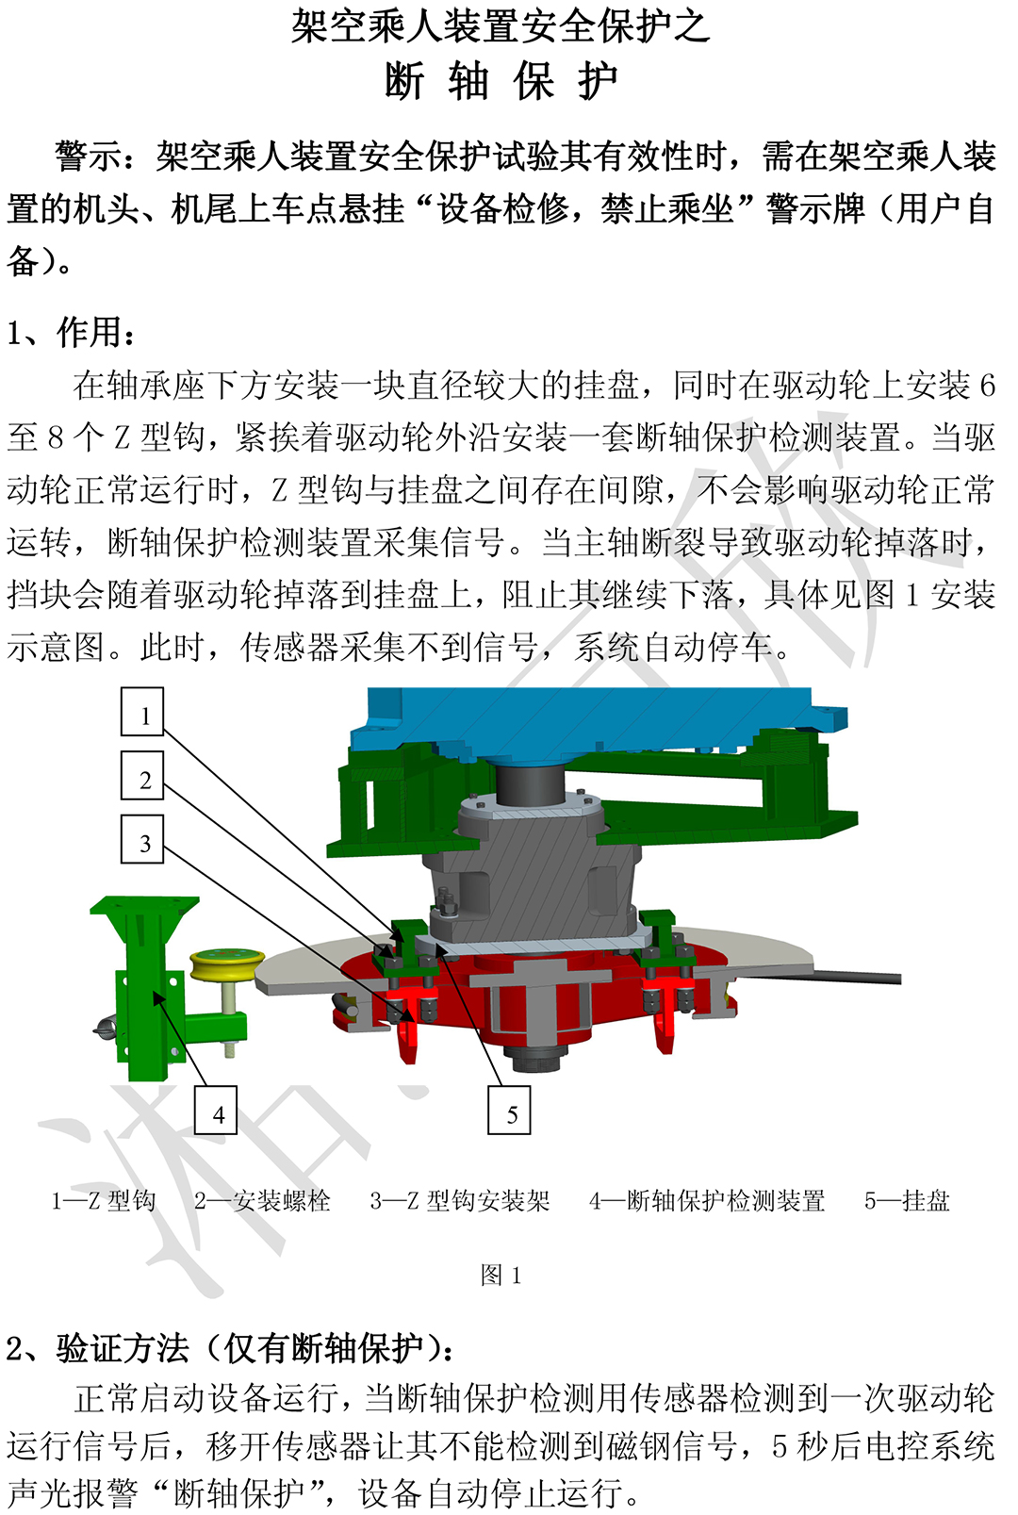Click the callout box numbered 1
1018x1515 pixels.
tap(142, 711)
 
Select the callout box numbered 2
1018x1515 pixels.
tap(142, 775)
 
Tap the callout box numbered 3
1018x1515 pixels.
tap(142, 839)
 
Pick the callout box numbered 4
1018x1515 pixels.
tap(216, 1110)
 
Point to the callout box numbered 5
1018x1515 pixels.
tap(509, 1110)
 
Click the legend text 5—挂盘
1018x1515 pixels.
tap(907, 1201)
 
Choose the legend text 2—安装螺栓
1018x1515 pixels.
tap(262, 1201)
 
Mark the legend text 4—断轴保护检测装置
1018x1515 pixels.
tap(707, 1201)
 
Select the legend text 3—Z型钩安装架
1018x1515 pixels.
tap(460, 1201)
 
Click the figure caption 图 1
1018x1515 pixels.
tap(501, 1276)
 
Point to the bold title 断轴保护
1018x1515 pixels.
tap(501, 81)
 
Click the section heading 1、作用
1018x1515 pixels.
tap(71, 333)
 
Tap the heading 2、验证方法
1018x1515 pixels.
tap(230, 1349)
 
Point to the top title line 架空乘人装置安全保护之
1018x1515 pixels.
tap(501, 27)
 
